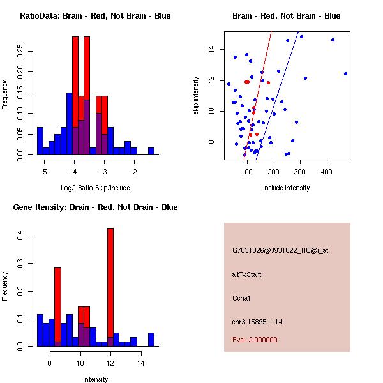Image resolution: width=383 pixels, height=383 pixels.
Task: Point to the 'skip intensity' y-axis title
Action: click(x=196, y=96)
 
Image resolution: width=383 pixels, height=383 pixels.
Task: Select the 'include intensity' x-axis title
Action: click(x=287, y=188)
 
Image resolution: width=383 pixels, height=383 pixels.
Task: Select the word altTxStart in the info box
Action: click(x=246, y=274)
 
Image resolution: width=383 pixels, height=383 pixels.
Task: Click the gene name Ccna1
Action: click(x=241, y=297)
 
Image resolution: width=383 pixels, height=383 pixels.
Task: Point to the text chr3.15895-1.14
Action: click(x=257, y=320)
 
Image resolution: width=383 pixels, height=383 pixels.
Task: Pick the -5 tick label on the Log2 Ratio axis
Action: click(x=44, y=171)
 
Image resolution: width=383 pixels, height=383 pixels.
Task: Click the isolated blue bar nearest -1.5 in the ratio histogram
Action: click(x=151, y=151)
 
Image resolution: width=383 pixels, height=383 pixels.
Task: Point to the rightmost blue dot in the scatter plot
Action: click(x=345, y=73)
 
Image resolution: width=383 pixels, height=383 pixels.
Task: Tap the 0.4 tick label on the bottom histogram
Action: click(x=21, y=236)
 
